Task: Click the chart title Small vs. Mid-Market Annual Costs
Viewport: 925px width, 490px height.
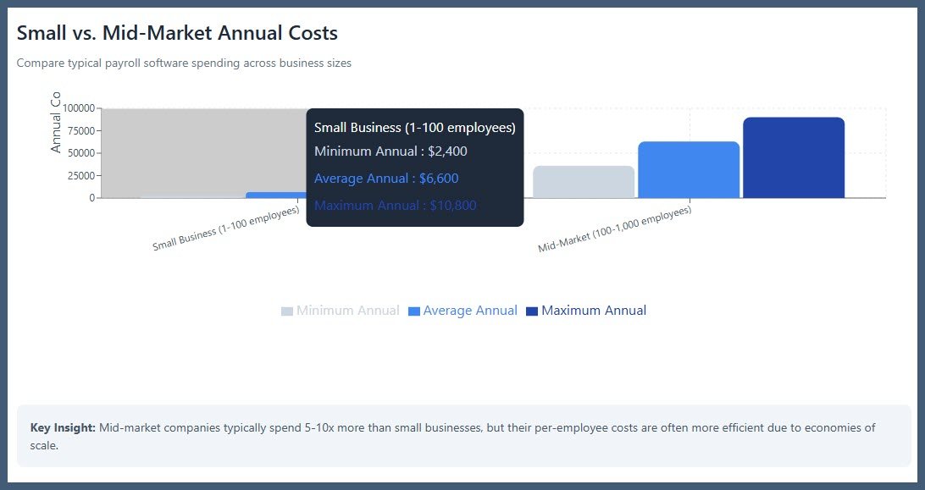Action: pos(177,33)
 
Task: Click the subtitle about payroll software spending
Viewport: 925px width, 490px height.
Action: pos(184,63)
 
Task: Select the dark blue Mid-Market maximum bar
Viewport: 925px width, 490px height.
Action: pos(794,157)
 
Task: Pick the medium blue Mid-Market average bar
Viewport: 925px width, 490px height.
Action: pos(688,169)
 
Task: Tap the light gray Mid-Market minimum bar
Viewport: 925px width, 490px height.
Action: pos(584,182)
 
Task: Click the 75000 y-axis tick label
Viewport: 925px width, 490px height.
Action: pos(80,131)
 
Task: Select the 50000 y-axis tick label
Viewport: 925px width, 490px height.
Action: pos(80,153)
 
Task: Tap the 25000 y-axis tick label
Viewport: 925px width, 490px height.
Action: pos(80,176)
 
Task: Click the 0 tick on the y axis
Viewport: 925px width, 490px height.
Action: pos(92,198)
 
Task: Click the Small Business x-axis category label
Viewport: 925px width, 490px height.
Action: pos(225,228)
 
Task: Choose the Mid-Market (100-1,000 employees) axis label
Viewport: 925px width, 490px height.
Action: pos(614,229)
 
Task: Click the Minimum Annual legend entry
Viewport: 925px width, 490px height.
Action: pos(341,311)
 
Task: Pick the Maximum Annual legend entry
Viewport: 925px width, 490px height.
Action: pos(586,311)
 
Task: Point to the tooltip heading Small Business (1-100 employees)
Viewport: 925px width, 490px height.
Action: pos(414,128)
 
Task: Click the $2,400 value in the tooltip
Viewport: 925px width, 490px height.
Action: pos(447,151)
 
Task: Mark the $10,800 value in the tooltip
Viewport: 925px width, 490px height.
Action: pos(451,206)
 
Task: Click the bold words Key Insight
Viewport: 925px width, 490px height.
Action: pos(62,427)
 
